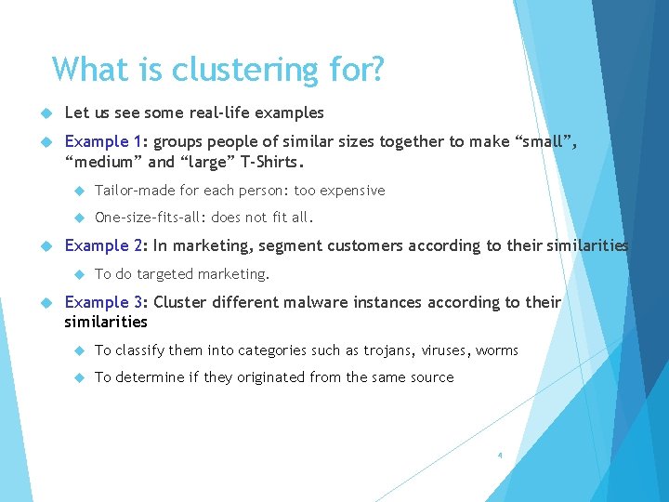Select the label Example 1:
click(107, 141)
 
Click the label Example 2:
click(107, 245)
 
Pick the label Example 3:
click(107, 302)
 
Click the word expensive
click(352, 191)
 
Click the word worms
click(497, 350)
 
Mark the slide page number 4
click(500, 456)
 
